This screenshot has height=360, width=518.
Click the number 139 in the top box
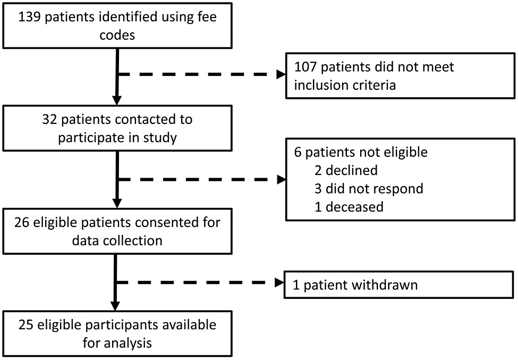tap(29, 17)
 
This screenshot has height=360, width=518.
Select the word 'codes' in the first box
tap(117, 35)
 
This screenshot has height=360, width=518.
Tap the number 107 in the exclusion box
tap(305, 67)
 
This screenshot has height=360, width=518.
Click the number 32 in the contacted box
tap(49, 119)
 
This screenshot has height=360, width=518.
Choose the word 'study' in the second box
tap(160, 138)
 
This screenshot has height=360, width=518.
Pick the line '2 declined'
tap(346, 170)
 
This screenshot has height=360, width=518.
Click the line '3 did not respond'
tap(369, 189)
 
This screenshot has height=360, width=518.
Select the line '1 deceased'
tap(349, 207)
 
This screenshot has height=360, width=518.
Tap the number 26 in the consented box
tap(22, 222)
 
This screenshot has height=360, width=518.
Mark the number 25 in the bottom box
tap(26, 325)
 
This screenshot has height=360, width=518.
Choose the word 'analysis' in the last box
tap(133, 344)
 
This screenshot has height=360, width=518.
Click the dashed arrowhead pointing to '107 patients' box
tap(281, 74)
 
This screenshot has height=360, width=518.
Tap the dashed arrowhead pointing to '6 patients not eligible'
tap(281, 180)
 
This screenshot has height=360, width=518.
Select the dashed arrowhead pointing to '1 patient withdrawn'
tap(279, 283)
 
